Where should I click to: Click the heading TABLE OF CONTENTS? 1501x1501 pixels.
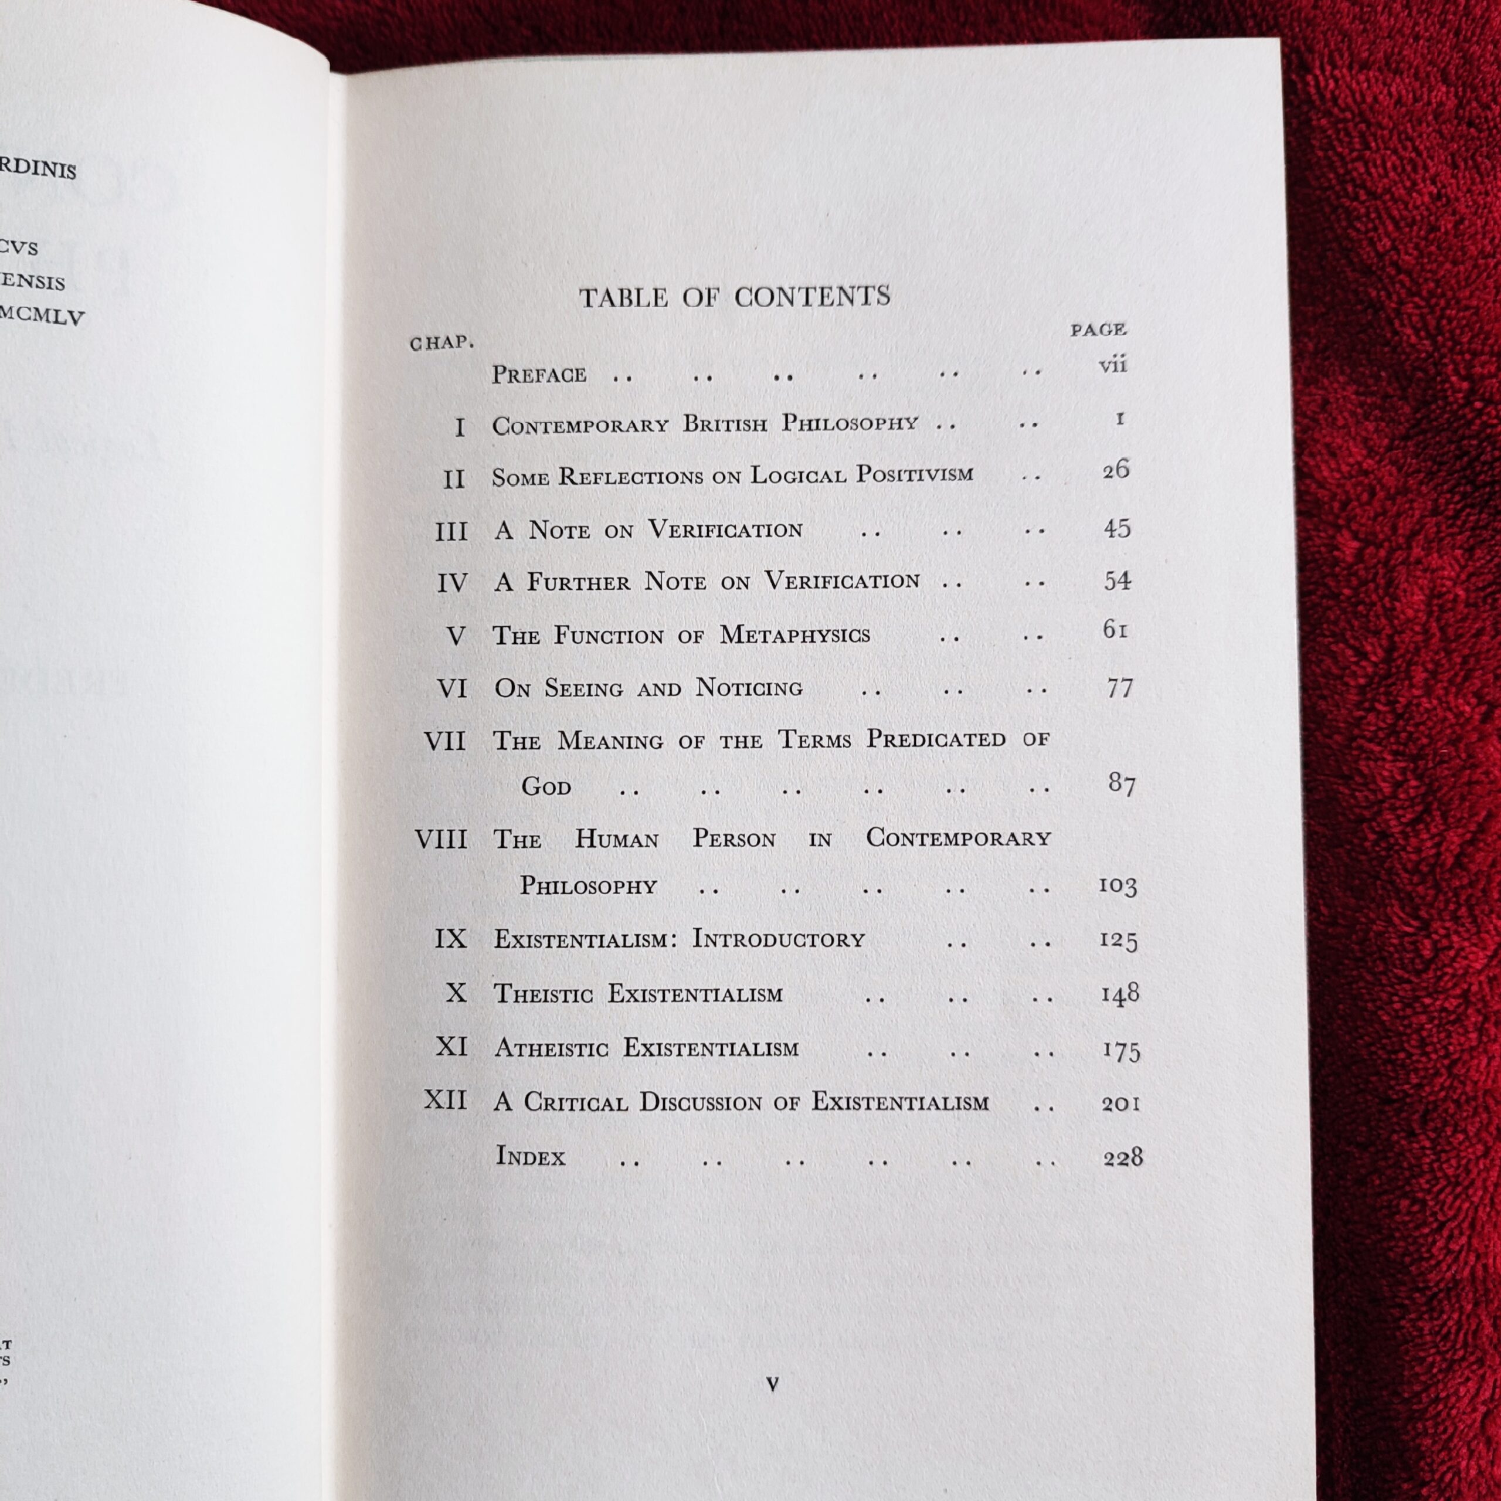(734, 297)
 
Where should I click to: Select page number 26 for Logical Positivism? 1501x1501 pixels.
(1116, 470)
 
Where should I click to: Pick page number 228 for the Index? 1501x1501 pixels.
(1123, 1157)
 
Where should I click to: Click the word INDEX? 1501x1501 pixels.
(531, 1156)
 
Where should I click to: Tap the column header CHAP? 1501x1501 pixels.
(442, 342)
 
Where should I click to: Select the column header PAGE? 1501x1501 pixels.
(1098, 330)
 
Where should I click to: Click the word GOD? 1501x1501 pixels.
(546, 787)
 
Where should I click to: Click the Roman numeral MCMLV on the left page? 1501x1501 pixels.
(43, 316)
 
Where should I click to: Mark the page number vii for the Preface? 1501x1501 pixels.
(1112, 364)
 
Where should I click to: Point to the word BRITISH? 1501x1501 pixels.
(724, 424)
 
